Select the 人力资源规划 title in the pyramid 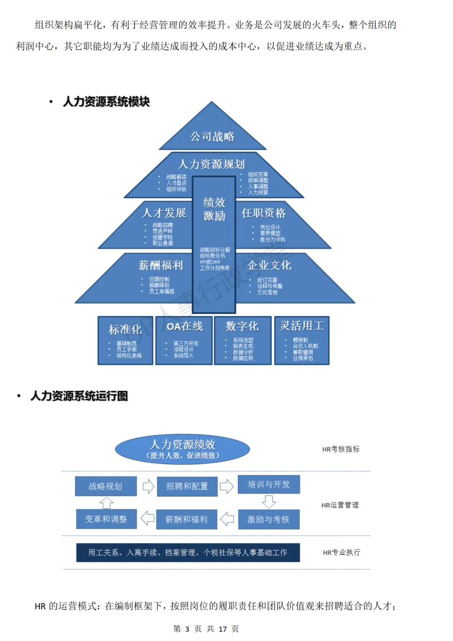(211, 164)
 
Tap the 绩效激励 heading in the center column (214, 209)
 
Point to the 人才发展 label (163, 213)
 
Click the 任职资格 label (263, 213)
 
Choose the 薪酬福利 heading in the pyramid (160, 265)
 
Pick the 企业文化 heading (269, 265)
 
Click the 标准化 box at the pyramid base (126, 340)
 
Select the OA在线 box (184, 340)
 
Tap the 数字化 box (242, 340)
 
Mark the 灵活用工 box (302, 340)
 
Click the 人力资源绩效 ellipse (183, 449)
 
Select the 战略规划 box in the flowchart (105, 486)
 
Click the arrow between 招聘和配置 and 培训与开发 (227, 486)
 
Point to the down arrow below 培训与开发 (269, 502)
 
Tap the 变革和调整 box (106, 519)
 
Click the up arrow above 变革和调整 (106, 503)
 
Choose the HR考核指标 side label (341, 449)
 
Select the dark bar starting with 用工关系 (188, 552)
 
